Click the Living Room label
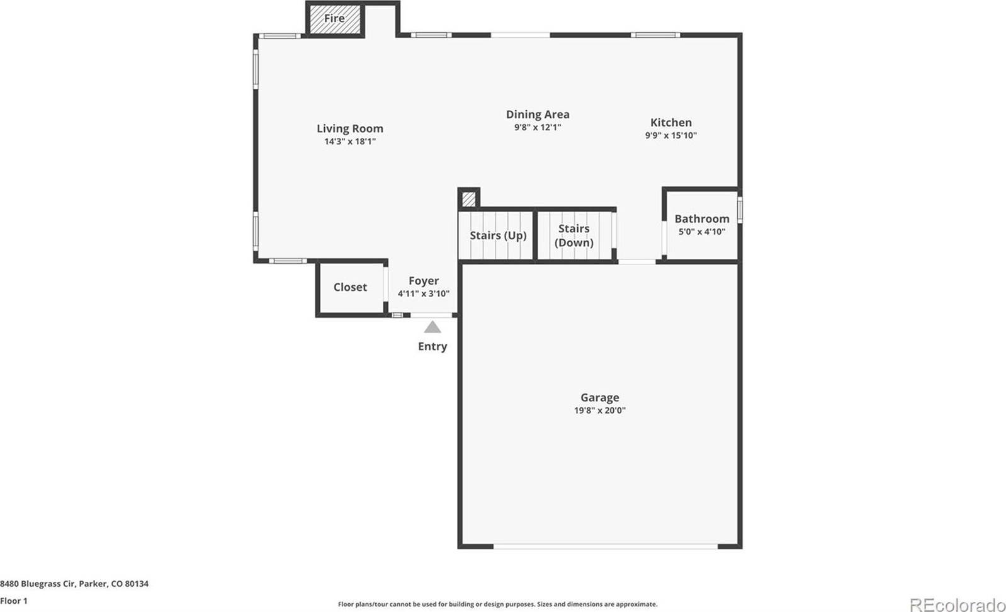tap(349, 128)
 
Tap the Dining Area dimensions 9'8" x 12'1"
tap(537, 127)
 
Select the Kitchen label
tap(670, 123)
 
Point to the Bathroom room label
tap(701, 218)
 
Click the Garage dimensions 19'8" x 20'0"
tap(599, 411)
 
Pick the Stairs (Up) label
tap(497, 235)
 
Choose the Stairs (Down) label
tap(574, 235)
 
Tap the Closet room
tap(350, 287)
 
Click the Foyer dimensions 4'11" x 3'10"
tap(423, 293)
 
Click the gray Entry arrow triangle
tap(432, 327)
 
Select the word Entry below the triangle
tap(432, 346)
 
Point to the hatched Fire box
tap(334, 19)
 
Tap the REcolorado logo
tap(956, 604)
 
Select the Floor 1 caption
tap(14, 601)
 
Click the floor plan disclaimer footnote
tap(497, 604)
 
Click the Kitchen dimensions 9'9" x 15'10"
tap(670, 135)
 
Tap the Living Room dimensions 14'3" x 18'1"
tap(349, 142)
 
